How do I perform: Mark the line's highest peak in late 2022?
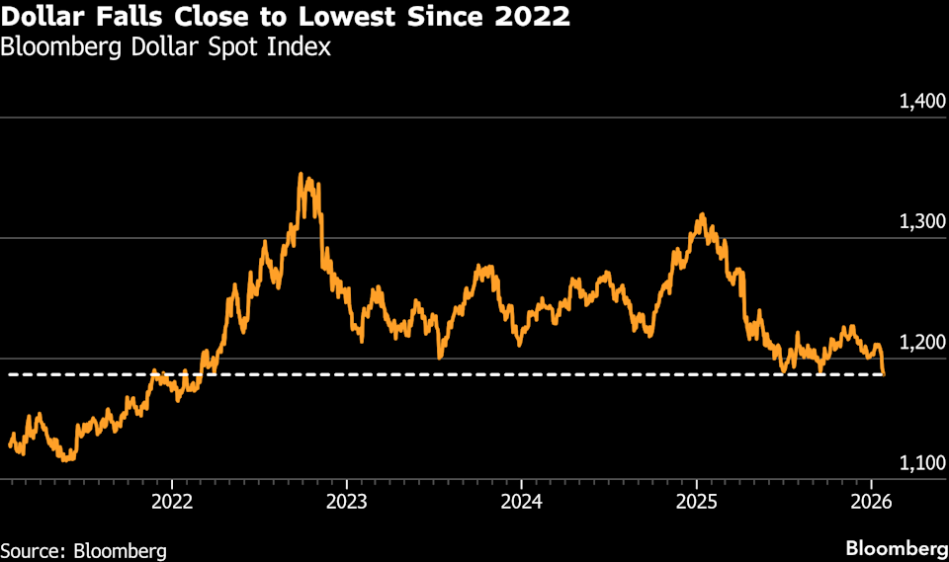[302, 175]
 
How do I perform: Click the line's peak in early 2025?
[702, 214]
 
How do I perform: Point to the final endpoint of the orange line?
[884, 374]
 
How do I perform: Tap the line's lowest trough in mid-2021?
[65, 459]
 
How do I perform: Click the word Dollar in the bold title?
[46, 17]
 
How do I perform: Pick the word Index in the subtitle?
[303, 45]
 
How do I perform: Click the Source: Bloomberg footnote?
[83, 549]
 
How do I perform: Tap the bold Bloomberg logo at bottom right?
[897, 548]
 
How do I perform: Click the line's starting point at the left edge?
[10, 445]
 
